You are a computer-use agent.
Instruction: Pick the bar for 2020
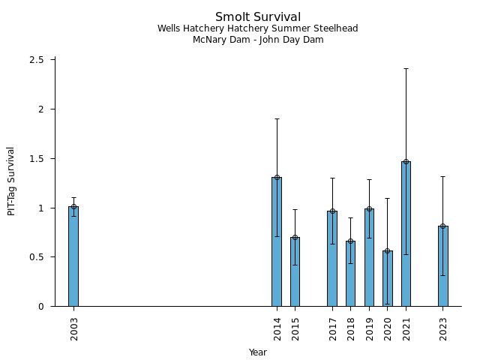coord(387,278)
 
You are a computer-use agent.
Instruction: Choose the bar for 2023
coord(442,266)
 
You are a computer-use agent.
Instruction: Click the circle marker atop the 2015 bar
coord(295,238)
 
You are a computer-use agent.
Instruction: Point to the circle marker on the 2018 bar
coord(350,241)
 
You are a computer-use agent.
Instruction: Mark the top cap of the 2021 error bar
coord(406,68)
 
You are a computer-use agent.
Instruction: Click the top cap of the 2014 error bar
coord(277,118)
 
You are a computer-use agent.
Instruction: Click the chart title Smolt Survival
coord(258,16)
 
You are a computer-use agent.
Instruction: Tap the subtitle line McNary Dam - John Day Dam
coord(258,40)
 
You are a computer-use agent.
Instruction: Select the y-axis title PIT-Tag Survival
coord(11,181)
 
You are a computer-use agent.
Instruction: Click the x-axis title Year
coord(258,352)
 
